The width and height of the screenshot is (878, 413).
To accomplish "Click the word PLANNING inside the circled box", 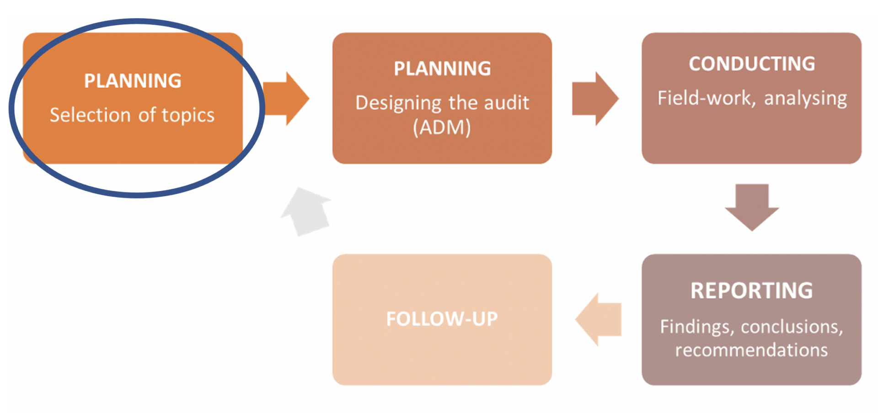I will point(133,81).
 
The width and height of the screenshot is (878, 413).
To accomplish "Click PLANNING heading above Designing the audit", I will point(442,69).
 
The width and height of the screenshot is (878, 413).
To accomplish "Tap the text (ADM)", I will point(442,127).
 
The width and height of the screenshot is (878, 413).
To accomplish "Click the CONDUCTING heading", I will point(752,64).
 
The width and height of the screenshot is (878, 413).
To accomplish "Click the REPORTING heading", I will point(752,291).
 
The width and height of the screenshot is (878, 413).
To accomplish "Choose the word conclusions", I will point(792,327).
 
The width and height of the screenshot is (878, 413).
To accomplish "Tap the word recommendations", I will point(751,350).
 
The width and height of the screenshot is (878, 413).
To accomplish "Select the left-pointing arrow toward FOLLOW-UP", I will point(599,319).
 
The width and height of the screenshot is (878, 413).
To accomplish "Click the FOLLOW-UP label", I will point(442,319).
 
